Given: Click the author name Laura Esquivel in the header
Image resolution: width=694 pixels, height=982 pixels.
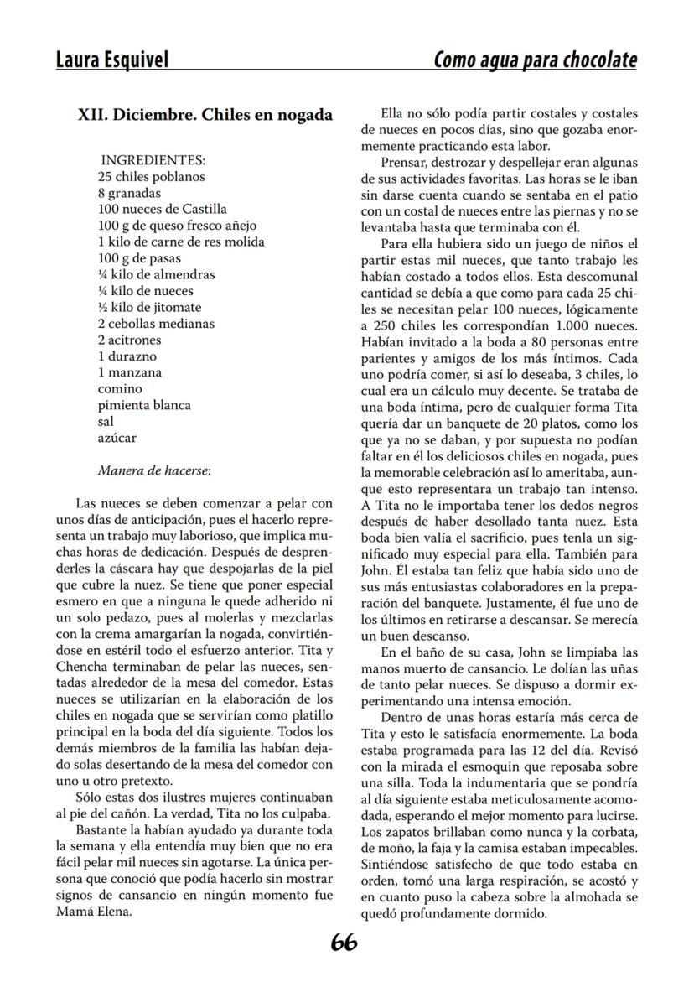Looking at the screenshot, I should [x=111, y=60].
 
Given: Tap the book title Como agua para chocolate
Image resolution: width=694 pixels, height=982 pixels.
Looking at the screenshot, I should [x=535, y=60].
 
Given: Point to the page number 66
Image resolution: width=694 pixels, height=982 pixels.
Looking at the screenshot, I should [x=344, y=943].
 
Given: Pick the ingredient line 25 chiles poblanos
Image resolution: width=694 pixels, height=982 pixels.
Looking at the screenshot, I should [x=151, y=177].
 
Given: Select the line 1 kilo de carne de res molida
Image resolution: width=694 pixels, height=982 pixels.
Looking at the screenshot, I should [x=181, y=242].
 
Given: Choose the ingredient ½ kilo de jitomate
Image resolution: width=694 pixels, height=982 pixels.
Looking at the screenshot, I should [x=149, y=307].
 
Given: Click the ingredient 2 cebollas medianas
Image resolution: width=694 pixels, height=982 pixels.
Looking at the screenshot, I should [x=156, y=324].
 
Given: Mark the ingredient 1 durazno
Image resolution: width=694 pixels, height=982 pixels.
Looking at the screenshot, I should [x=127, y=356].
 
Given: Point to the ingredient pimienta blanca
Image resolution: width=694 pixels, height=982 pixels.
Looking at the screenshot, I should [x=144, y=405].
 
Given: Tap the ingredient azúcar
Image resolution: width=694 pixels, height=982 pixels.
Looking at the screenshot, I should [x=117, y=438].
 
